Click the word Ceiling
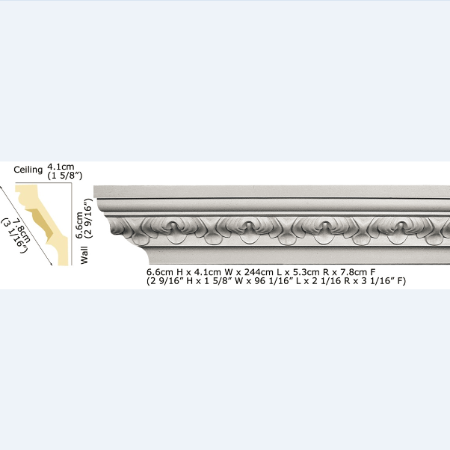point(28,170)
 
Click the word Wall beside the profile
point(84,255)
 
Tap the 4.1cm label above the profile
point(61,167)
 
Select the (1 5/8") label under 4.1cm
point(65,176)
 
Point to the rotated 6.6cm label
point(79,225)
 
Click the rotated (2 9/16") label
point(89,218)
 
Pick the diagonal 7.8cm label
point(21,230)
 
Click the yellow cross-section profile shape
point(43,224)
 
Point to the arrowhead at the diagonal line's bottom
point(51,264)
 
